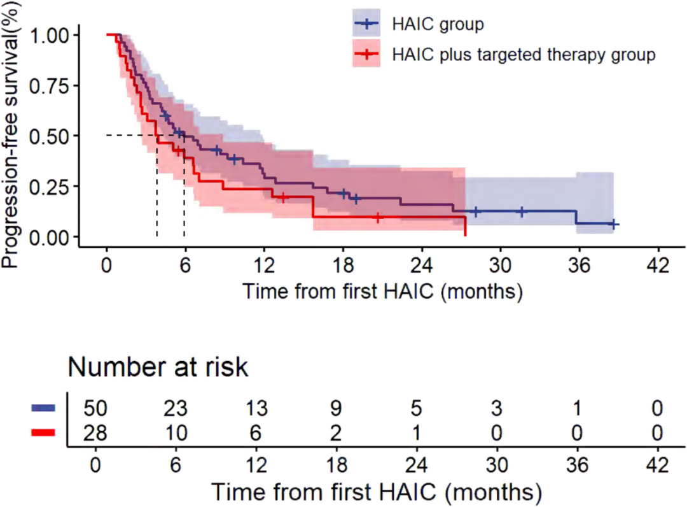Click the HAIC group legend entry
[438, 25]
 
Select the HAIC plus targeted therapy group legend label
[524, 55]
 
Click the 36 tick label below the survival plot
[578, 265]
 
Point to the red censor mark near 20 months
[378, 218]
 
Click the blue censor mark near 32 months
[522, 211]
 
